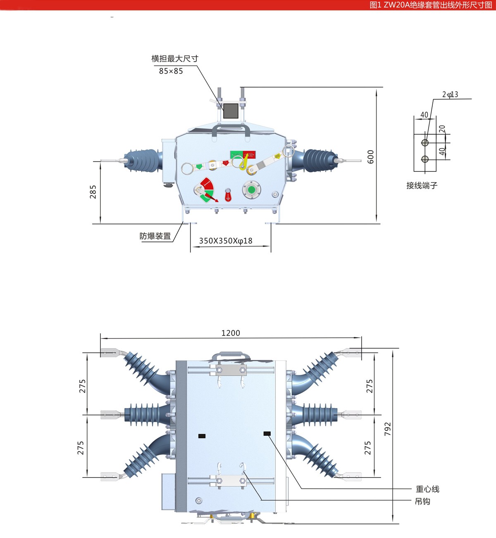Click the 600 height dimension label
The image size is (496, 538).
click(370, 157)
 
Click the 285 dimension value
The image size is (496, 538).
click(93, 192)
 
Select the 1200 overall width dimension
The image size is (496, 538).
click(231, 333)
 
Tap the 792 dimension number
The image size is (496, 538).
click(387, 429)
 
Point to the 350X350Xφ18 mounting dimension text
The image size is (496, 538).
click(226, 241)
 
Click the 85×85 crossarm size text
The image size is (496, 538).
click(171, 71)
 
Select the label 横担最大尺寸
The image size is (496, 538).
click(175, 58)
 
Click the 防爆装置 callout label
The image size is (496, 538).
click(155, 236)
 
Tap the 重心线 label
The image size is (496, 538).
click(427, 489)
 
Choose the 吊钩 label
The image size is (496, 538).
click(423, 502)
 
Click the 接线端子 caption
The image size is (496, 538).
click(422, 185)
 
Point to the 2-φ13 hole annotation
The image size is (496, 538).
click(450, 94)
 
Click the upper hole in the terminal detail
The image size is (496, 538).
click(425, 142)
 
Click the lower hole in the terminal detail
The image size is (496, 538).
click(425, 159)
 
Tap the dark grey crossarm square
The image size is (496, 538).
click(231, 111)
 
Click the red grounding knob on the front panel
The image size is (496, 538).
click(228, 195)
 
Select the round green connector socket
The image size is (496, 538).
click(251, 190)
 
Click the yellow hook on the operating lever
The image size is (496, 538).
click(244, 161)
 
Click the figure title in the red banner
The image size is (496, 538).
click(431, 5)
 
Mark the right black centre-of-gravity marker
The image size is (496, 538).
click(267, 434)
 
